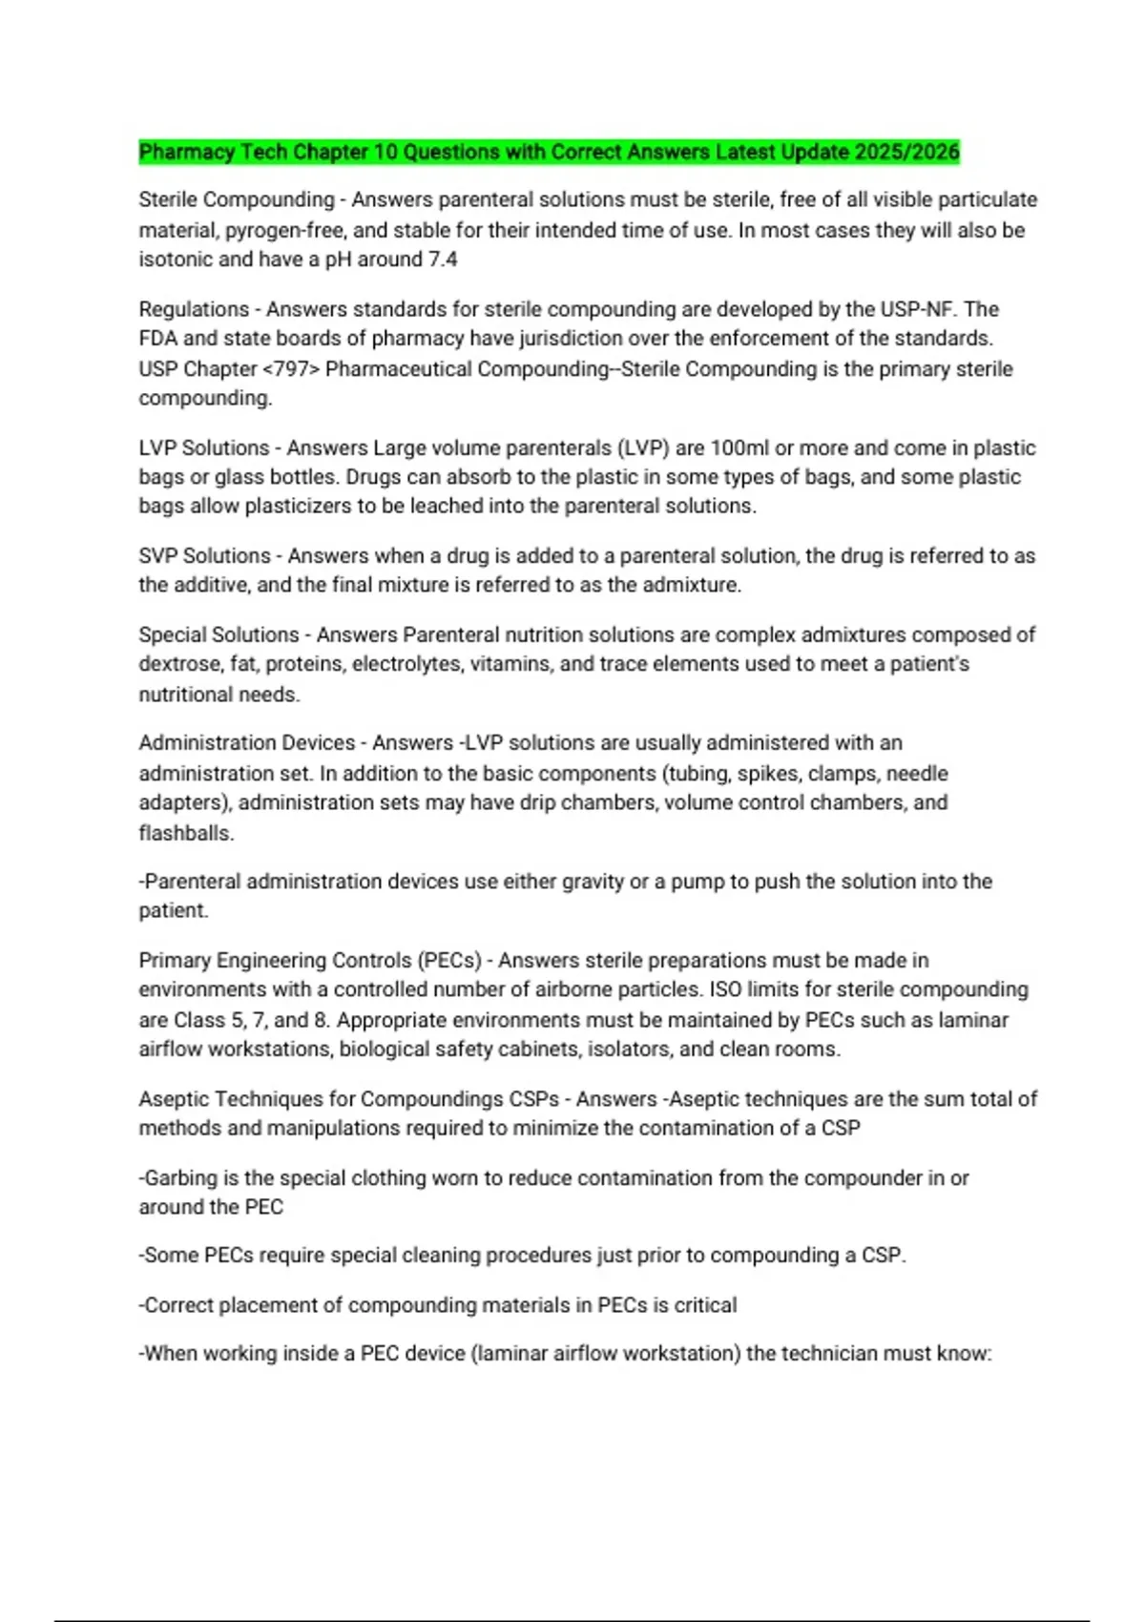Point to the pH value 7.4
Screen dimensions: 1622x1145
[443, 260]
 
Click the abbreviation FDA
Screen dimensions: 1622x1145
[158, 339]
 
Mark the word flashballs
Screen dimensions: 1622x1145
[186, 833]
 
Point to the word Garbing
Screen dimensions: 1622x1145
[182, 1178]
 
